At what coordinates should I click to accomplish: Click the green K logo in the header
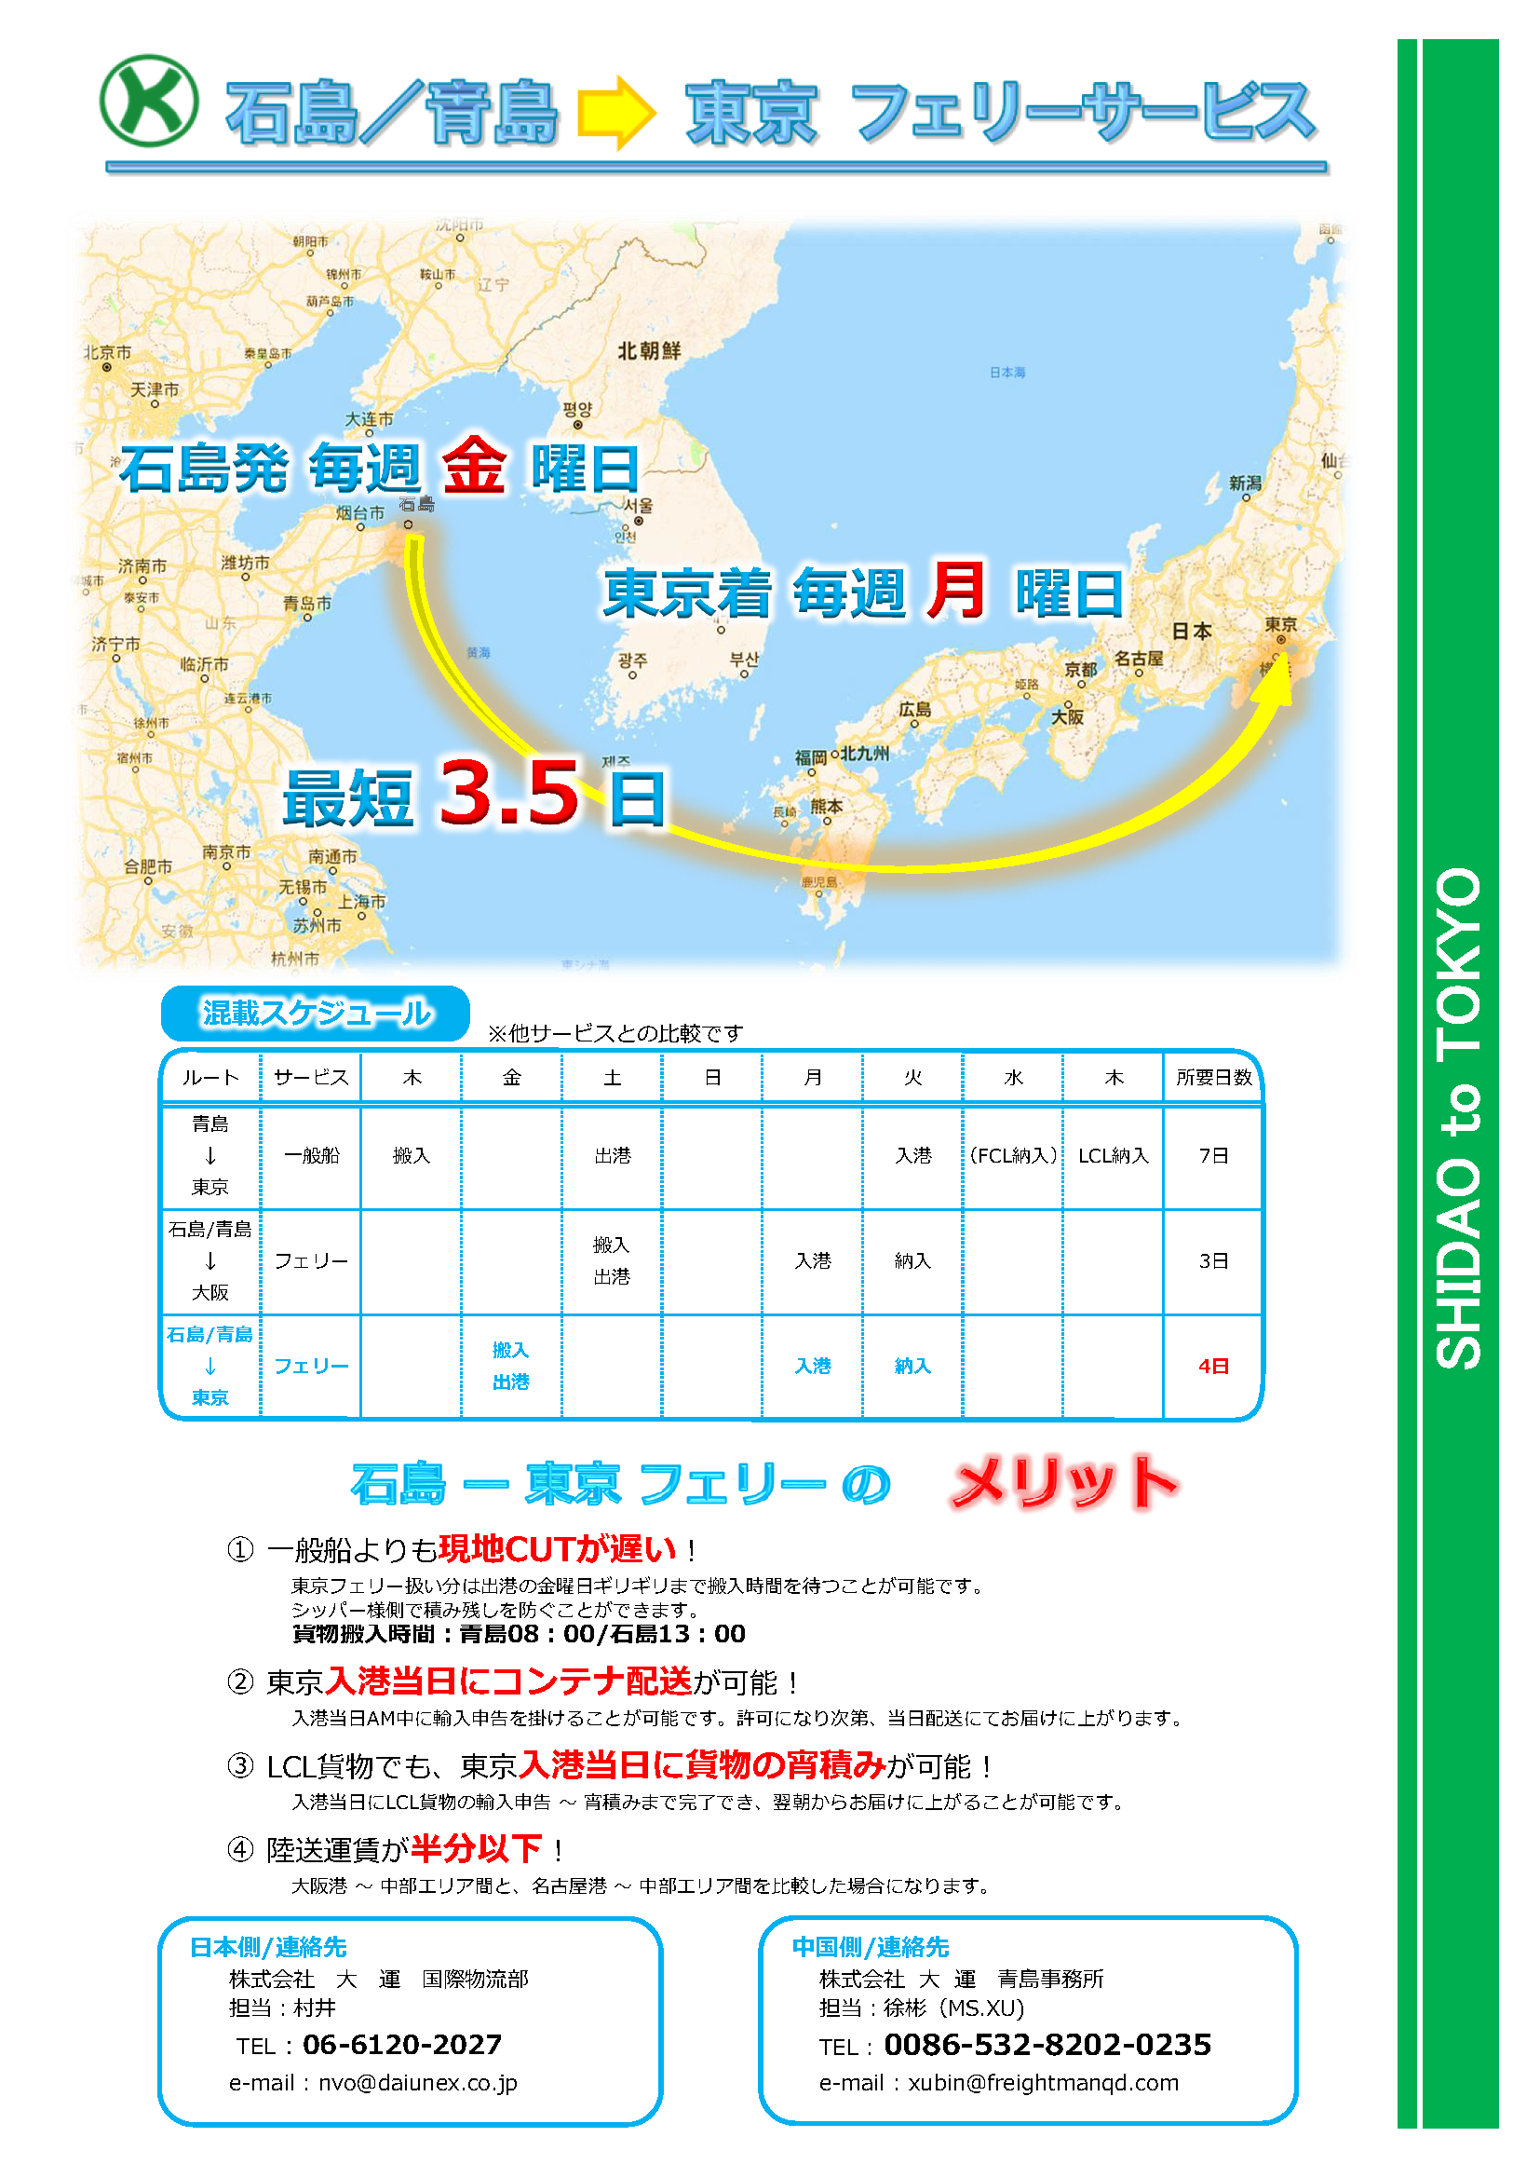[149, 101]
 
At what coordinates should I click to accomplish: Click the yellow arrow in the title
[616, 112]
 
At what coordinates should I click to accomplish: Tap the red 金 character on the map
[473, 466]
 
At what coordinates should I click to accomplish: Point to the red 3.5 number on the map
[509, 792]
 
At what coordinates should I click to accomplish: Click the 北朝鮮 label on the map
[650, 351]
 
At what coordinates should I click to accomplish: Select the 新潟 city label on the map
[1245, 483]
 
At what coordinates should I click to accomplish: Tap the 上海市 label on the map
[362, 901]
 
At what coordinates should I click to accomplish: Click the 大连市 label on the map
[369, 419]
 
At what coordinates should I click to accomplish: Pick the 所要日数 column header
[1214, 1078]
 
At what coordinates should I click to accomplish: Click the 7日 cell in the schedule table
[1214, 1155]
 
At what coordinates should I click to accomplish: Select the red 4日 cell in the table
[1214, 1366]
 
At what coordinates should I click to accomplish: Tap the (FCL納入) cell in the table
[1013, 1155]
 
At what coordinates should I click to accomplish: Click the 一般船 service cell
[312, 1155]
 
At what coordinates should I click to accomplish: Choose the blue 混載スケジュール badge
[316, 1014]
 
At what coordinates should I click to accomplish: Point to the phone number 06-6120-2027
[402, 2044]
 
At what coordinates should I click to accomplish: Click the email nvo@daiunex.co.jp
[417, 2083]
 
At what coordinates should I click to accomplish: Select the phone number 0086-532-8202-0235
[1047, 2044]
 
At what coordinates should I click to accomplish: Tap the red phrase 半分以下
[476, 1849]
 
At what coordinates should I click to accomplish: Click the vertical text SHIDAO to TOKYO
[1458, 1120]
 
